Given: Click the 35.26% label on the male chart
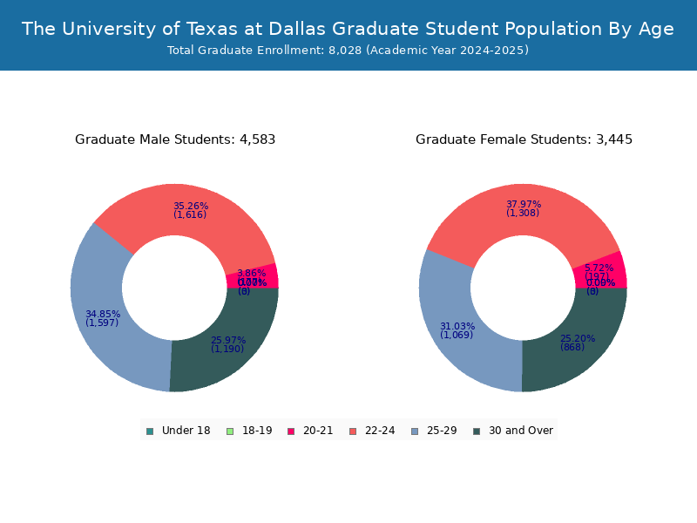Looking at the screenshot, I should tap(191, 207).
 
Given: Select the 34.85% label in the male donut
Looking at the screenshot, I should tap(103, 314).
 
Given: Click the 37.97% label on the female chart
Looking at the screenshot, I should tap(524, 205).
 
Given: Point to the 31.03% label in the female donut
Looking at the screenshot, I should tap(457, 326).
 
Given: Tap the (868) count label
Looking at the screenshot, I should tap(572, 347).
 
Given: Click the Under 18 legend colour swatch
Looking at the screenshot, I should tap(150, 431).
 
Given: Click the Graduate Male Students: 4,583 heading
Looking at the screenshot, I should tap(175, 139).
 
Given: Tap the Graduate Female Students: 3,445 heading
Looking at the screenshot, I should tap(524, 139).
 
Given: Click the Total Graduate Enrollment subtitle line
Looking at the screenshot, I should tap(348, 51).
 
